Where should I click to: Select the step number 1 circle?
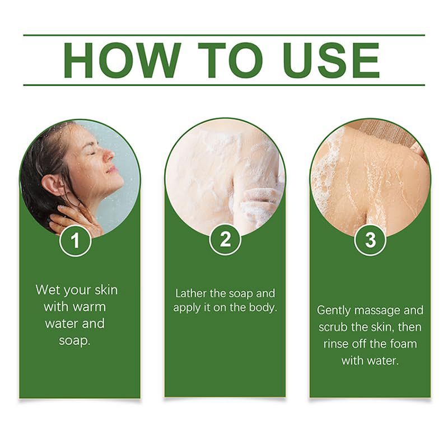75,240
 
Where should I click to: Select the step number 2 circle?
225,239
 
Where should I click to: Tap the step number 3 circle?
370,240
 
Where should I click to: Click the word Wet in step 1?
47,290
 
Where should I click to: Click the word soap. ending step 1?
74,340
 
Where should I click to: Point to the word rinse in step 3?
336,344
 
